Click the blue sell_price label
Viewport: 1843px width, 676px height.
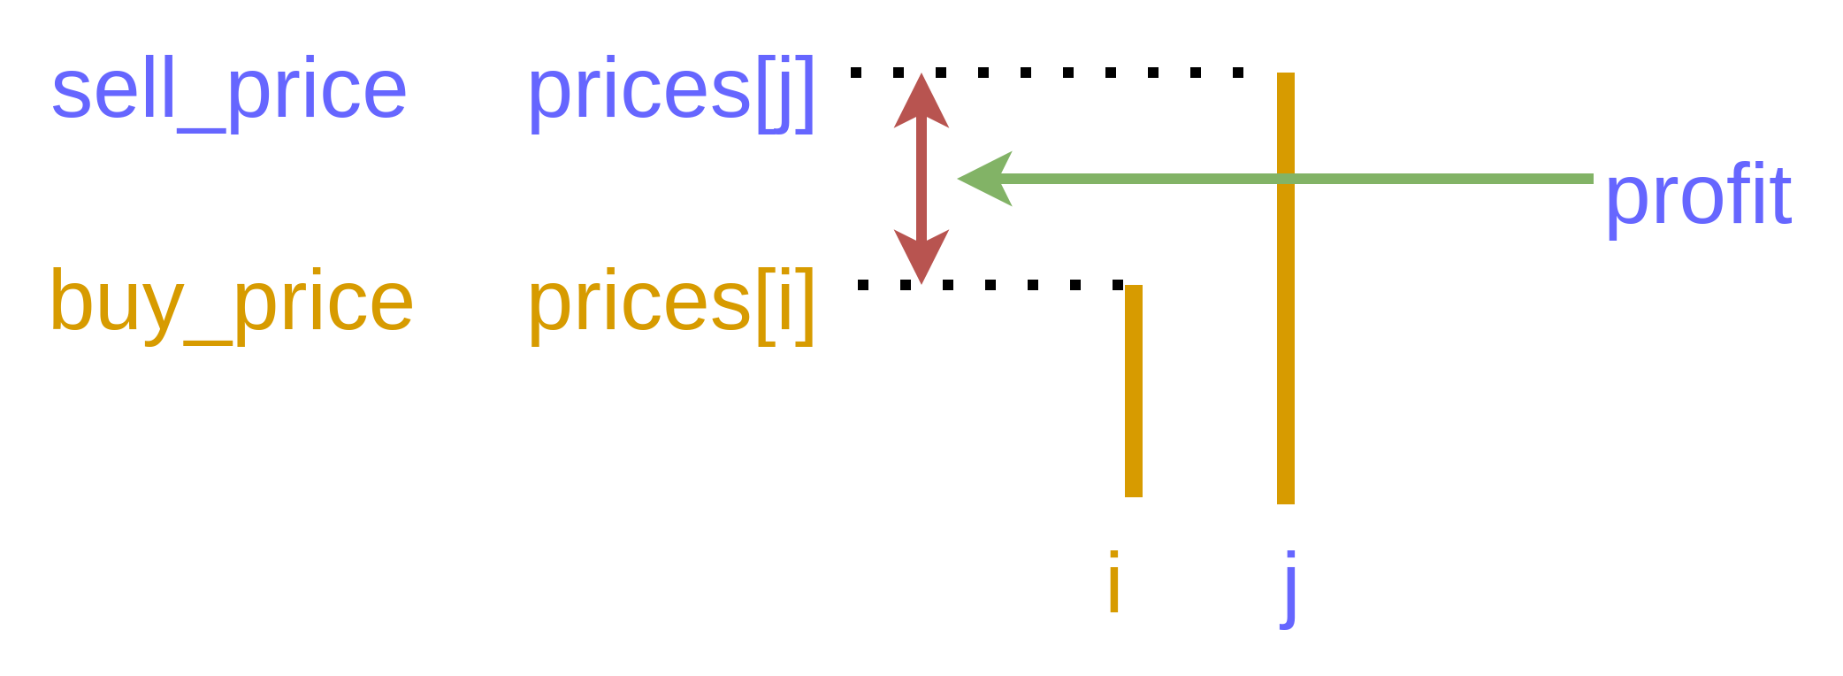coord(229,92)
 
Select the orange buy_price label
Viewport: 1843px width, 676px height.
coord(232,303)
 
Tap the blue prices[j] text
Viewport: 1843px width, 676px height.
coord(670,92)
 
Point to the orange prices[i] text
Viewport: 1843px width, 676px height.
coord(670,303)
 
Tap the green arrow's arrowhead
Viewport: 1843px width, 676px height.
coord(986,179)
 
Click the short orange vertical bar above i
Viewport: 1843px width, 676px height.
coord(1133,390)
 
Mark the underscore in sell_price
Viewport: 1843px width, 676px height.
coord(202,130)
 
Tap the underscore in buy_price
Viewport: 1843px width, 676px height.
coord(209,342)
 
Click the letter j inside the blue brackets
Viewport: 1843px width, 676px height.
coord(784,94)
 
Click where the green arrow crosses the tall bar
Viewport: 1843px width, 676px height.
coord(1286,179)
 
